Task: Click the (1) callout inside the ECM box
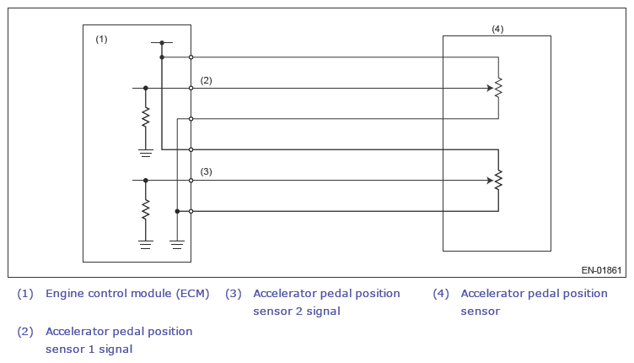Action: (x=101, y=40)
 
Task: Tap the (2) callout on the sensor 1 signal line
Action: (x=206, y=80)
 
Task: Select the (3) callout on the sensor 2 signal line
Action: (x=206, y=171)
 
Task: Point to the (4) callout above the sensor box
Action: (x=497, y=29)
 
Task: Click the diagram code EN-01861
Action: (x=601, y=270)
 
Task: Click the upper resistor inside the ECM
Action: (x=146, y=116)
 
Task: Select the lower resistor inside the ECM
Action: (x=146, y=208)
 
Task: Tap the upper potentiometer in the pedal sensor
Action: (x=498, y=87)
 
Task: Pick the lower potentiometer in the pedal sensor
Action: (x=498, y=180)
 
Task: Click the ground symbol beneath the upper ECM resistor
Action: (x=146, y=152)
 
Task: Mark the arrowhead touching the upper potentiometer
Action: (x=490, y=87)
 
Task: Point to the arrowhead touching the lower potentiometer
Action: (x=490, y=180)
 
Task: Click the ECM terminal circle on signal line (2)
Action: (x=191, y=87)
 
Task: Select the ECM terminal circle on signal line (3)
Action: (x=191, y=180)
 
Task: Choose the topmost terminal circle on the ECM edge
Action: (x=191, y=57)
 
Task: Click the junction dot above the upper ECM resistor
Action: (x=146, y=87)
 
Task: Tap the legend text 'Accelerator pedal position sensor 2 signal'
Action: (x=326, y=302)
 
